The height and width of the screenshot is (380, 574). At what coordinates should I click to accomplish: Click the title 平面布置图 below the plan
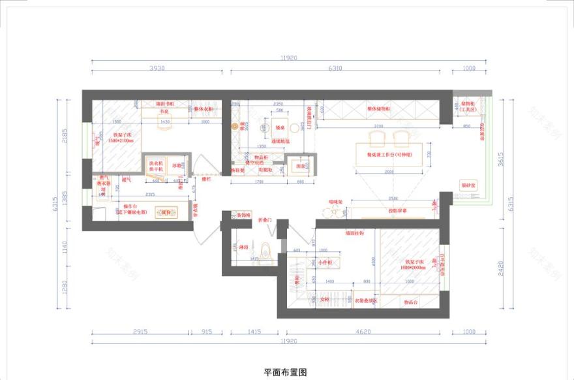point(285,372)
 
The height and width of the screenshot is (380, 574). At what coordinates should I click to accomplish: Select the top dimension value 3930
point(157,68)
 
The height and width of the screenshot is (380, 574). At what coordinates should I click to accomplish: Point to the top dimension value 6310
point(335,68)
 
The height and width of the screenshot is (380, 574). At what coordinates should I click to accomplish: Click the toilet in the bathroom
point(265,251)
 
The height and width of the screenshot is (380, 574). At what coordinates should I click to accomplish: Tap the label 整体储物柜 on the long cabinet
point(378,108)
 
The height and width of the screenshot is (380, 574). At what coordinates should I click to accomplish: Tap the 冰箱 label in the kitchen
point(176,166)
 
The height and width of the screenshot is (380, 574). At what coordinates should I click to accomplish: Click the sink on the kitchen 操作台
point(167,212)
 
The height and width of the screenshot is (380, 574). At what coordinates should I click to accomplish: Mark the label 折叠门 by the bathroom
point(264,220)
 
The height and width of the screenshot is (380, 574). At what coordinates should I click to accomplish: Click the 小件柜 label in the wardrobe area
point(325,262)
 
